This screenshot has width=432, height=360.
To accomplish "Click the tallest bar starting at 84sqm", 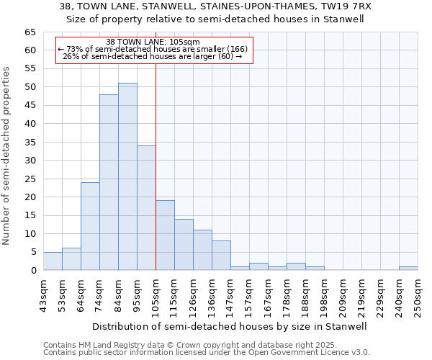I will [x=127, y=176].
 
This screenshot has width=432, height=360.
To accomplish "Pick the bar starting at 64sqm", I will [x=90, y=226].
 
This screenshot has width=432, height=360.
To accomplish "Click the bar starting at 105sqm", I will [x=165, y=235].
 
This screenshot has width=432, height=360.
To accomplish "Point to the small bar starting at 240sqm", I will [x=408, y=269].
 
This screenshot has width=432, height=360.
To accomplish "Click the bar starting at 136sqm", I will [x=221, y=256].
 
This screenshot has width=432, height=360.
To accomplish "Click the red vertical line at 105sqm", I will [x=156, y=166].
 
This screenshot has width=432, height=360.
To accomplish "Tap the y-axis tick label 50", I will [x=30, y=87].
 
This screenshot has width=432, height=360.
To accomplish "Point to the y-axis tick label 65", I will [x=30, y=32].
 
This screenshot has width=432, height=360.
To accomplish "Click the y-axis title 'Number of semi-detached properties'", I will [x=7, y=155].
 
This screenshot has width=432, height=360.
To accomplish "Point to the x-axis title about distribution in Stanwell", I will [x=229, y=326].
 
